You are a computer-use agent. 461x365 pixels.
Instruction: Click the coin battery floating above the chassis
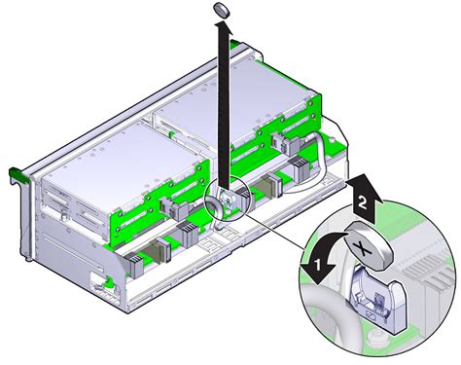(223, 10)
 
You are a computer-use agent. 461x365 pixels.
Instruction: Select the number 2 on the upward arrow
(362, 203)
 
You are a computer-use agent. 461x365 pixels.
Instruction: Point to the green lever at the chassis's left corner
(18, 174)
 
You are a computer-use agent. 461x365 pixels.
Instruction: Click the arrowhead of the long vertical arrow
(223, 29)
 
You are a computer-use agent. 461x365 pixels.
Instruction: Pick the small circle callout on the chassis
(227, 198)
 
